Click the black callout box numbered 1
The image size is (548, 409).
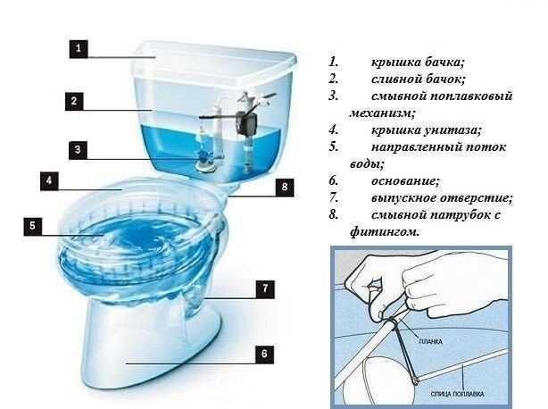(x=78, y=49)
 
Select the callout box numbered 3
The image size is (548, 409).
(x=78, y=150)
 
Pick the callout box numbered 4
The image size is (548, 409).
(x=51, y=181)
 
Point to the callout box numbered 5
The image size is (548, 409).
(x=33, y=227)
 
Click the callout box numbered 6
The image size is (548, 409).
(x=264, y=355)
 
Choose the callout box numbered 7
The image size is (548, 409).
(x=264, y=288)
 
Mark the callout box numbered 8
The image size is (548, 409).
(x=284, y=187)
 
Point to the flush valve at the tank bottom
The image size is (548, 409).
(x=206, y=163)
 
